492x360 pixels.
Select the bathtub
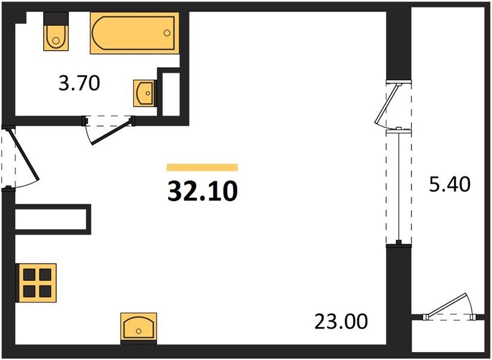click(x=134, y=34)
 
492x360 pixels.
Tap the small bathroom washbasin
click(x=144, y=93)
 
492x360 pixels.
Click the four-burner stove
click(x=36, y=282)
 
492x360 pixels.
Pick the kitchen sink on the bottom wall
click(x=139, y=328)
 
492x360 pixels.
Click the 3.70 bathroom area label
click(x=79, y=84)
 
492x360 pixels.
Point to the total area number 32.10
click(x=202, y=191)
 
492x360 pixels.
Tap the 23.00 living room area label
click(x=340, y=322)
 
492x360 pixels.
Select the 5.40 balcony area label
click(x=449, y=183)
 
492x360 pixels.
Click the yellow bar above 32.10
click(x=202, y=167)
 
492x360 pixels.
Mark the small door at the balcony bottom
click(x=450, y=308)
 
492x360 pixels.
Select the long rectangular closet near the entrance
click(x=52, y=218)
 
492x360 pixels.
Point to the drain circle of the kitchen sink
click(x=139, y=330)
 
